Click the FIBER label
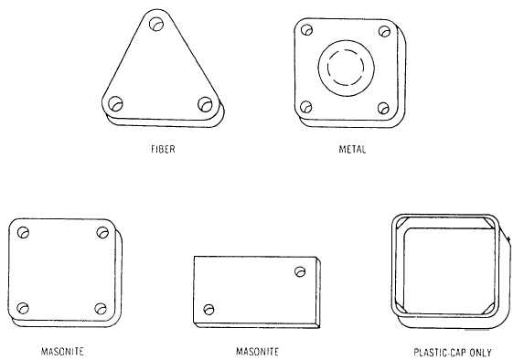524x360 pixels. [x=163, y=149]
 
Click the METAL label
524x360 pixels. [x=352, y=149]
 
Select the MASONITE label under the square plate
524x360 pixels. [x=62, y=351]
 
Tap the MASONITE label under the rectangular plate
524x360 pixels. [x=257, y=351]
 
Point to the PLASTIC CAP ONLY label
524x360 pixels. [x=453, y=353]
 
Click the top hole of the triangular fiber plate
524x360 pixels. [x=156, y=24]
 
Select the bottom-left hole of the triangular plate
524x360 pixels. [x=115, y=103]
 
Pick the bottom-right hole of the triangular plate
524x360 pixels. [x=205, y=104]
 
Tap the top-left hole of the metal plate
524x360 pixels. [x=306, y=30]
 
